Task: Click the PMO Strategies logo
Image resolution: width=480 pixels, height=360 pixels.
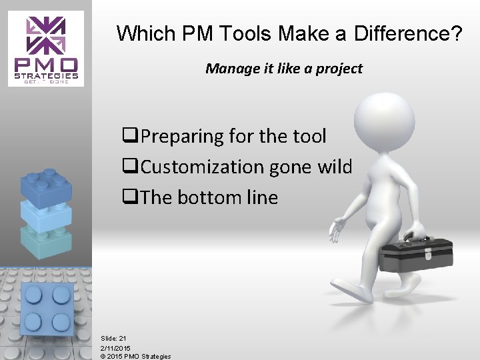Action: pyautogui.click(x=46, y=49)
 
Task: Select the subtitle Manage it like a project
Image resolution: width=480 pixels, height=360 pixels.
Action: pyautogui.click(x=284, y=68)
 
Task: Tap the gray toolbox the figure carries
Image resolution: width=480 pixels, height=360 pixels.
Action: pyautogui.click(x=416, y=256)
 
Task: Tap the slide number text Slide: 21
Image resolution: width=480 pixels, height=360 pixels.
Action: pyautogui.click(x=113, y=339)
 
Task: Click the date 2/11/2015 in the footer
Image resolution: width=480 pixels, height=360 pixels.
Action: pyautogui.click(x=116, y=348)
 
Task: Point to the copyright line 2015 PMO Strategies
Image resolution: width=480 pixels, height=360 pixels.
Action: pyautogui.click(x=136, y=356)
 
